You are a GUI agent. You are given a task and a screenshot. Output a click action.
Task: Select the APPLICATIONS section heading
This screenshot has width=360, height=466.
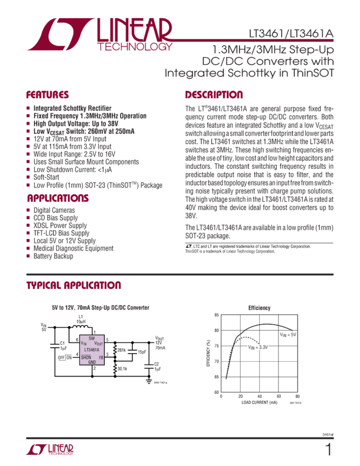[x=58, y=198]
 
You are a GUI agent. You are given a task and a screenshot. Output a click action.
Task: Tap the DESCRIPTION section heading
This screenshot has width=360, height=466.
[x=214, y=94]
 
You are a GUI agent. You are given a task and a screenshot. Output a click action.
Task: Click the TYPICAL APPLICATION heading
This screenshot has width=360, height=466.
[x=73, y=286]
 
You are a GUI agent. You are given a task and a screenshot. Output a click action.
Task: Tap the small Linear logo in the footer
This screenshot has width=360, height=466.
[x=50, y=450]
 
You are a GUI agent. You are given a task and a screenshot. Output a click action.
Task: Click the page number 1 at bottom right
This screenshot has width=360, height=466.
[x=328, y=450]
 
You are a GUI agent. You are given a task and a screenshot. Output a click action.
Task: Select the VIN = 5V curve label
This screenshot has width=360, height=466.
[x=288, y=334]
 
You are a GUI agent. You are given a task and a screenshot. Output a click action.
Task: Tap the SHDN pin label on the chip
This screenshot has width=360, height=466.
[x=86, y=357]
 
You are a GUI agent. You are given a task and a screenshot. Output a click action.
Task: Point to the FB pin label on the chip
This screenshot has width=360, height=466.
[x=101, y=357]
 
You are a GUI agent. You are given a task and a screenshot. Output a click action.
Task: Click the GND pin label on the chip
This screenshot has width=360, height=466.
[x=92, y=362]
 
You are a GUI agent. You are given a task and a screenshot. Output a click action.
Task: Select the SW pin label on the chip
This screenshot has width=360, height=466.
[x=92, y=339]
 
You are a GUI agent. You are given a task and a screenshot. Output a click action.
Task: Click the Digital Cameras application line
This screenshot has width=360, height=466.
[x=54, y=210]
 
